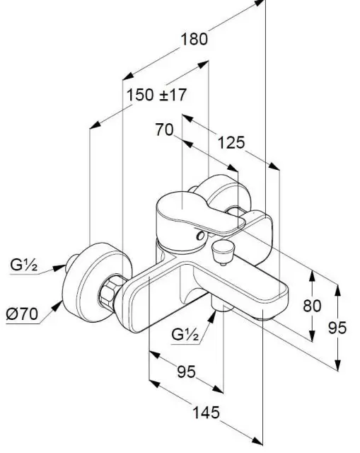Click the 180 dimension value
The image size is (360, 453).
click(194, 40)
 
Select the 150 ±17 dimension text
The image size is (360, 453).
click(157, 95)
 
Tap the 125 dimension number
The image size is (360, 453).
click(231, 143)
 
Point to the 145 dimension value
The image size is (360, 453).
click(206, 413)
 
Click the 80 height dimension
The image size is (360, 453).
click(312, 306)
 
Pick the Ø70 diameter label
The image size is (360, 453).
click(22, 314)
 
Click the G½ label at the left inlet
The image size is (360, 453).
click(23, 265)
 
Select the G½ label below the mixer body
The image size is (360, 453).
click(185, 334)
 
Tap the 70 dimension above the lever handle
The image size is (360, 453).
click(165, 130)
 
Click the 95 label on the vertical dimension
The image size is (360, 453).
click(337, 328)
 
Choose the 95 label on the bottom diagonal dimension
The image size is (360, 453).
click(186, 372)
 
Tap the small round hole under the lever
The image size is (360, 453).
click(200, 236)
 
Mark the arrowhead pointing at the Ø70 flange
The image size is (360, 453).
click(57, 306)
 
